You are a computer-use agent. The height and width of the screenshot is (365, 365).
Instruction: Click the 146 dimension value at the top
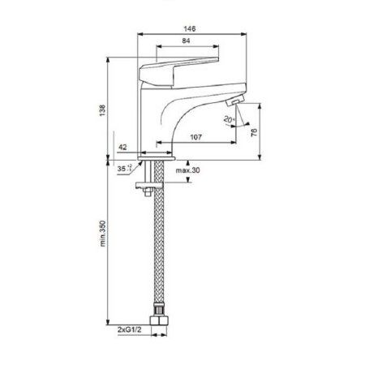[x=191, y=27]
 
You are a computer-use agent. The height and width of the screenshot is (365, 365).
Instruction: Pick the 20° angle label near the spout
[x=230, y=120]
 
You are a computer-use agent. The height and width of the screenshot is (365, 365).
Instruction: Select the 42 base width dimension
[x=122, y=148]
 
